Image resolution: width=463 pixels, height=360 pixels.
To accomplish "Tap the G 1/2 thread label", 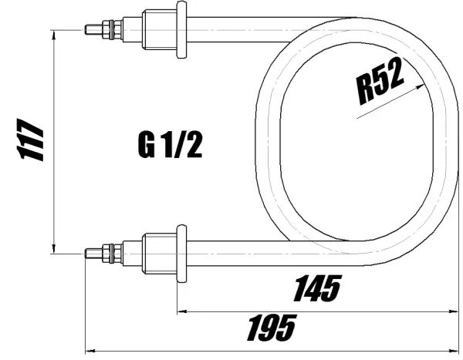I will coord(171,144).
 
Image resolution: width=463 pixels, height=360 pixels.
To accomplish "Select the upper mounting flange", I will coord(182,30).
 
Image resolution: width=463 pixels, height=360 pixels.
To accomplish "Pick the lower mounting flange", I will coord(182,251).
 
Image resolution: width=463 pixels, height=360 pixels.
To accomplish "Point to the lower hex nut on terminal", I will coord(114,251).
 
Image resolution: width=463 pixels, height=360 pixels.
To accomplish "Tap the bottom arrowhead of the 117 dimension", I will coord(53,247).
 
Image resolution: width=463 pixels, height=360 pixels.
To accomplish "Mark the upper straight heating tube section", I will coord(231,30).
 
